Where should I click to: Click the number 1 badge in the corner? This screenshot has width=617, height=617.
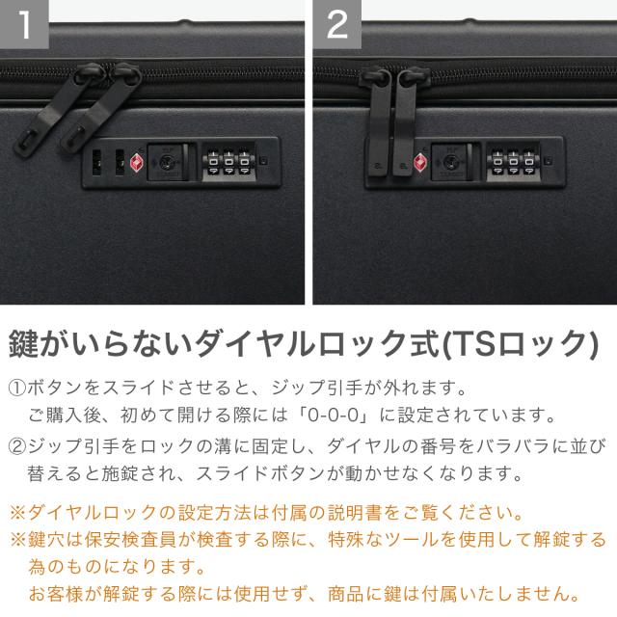point(24,24)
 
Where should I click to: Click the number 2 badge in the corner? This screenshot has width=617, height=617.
point(336,24)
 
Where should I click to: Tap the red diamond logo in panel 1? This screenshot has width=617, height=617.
point(137,163)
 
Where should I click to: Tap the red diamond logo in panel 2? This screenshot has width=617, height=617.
point(420,163)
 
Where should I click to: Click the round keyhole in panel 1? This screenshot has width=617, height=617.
point(165,162)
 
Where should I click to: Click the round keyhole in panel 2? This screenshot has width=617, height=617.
point(449,162)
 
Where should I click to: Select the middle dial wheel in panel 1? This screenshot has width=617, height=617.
point(228,162)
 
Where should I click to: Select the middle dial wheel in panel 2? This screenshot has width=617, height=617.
point(513,162)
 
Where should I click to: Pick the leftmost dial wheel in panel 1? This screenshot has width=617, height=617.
point(213,162)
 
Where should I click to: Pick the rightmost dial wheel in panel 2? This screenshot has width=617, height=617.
point(529,162)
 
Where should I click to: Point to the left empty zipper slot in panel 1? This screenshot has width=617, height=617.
point(96,162)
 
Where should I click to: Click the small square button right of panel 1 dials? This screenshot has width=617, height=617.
point(263,161)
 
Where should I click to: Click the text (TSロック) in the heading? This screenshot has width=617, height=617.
point(522,343)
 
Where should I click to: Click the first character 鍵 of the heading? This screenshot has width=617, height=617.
point(23,343)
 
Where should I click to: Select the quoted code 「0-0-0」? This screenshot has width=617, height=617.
point(335,415)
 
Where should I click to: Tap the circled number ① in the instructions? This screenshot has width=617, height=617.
point(17,388)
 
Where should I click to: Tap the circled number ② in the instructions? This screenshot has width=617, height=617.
point(17,446)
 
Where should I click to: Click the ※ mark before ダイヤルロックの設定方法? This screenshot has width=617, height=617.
point(17,513)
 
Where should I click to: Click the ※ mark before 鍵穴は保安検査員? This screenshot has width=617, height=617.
point(17,540)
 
